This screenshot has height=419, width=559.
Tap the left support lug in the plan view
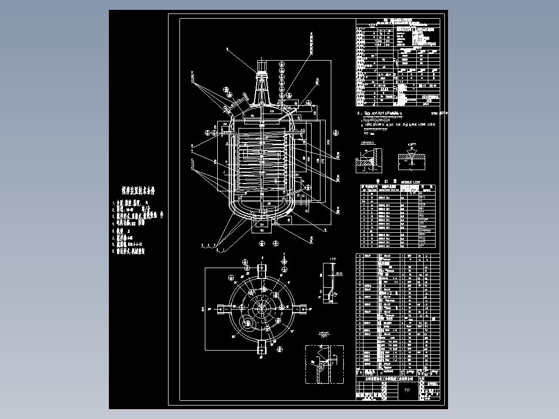coord(221,309)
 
